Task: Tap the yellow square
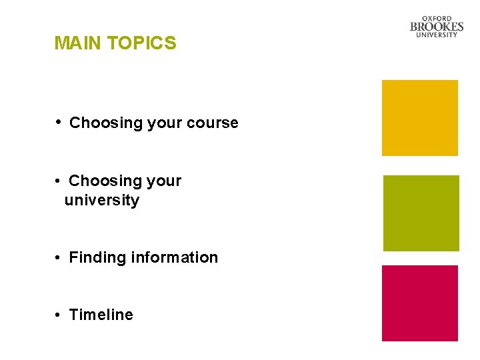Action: pyautogui.click(x=419, y=118)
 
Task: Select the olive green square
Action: pyautogui.click(x=421, y=213)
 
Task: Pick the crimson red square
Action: pyautogui.click(x=419, y=303)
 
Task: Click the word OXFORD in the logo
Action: pyautogui.click(x=437, y=19)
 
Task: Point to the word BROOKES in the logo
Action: pyautogui.click(x=437, y=27)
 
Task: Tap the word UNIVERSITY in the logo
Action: pyautogui.click(x=437, y=35)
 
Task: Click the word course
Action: pyautogui.click(x=213, y=123)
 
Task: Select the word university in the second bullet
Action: pyautogui.click(x=102, y=201)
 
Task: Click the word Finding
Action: pyautogui.click(x=97, y=257)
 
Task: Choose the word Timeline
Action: pyautogui.click(x=101, y=315)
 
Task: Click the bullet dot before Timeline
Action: pyautogui.click(x=59, y=315)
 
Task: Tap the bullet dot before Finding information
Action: pyautogui.click(x=59, y=257)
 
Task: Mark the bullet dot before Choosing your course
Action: pyautogui.click(x=59, y=122)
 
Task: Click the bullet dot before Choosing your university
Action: pyautogui.click(x=59, y=181)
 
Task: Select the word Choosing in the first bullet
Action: pyautogui.click(x=101, y=123)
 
